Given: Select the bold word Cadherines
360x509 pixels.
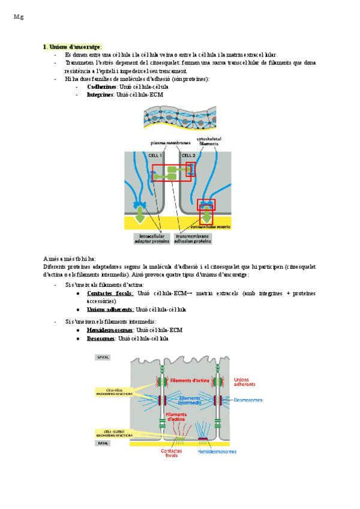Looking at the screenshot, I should coord(101,86).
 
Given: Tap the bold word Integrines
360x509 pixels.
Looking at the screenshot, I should coord(101,94).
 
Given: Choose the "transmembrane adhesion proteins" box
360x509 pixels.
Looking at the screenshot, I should coord(193,239).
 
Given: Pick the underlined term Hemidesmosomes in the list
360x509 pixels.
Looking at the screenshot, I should coord(110,330).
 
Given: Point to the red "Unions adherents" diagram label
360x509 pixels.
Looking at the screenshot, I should coord(241,382).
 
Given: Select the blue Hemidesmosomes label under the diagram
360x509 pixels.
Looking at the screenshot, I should coord(217,451).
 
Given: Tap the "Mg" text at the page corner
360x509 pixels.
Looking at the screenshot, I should coord(17,17).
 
